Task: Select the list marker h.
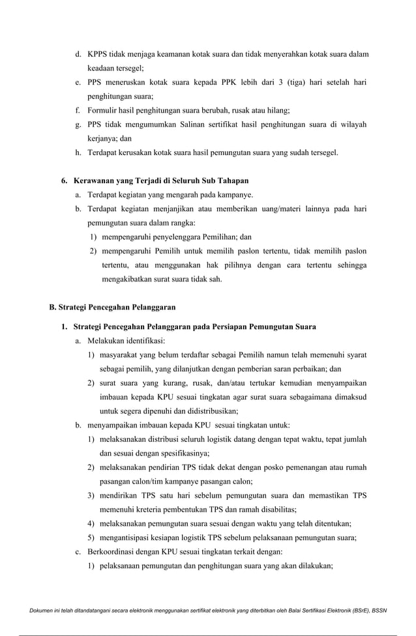[78, 152]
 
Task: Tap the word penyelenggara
[172, 237]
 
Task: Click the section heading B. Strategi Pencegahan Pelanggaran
[112, 307]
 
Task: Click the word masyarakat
[122, 355]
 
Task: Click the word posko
[263, 467]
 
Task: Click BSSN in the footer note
[376, 611]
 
